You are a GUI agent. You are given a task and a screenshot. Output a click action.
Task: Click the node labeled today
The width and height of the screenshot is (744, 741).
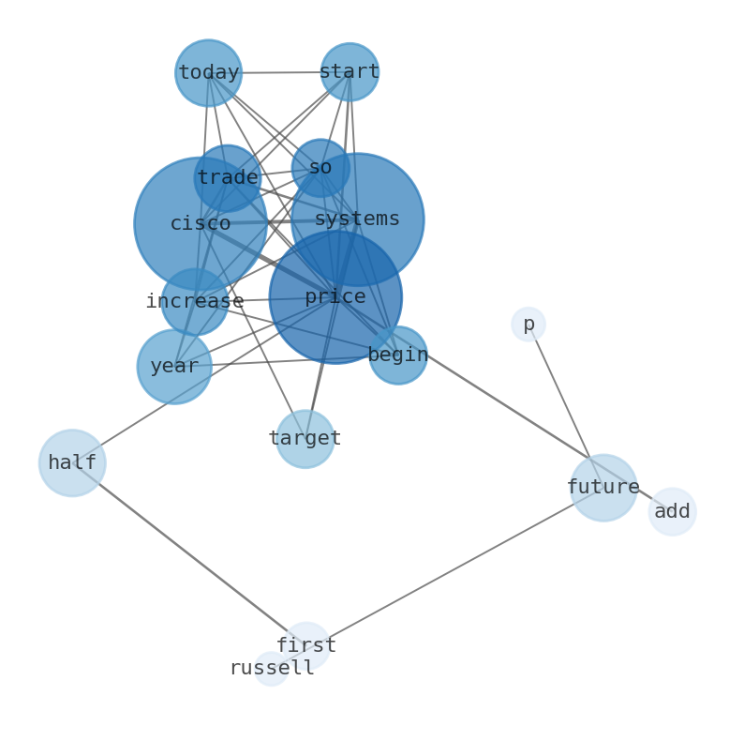pyautogui.click(x=209, y=73)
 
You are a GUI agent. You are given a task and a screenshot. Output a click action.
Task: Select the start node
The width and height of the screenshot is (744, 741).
pyautogui.click(x=350, y=72)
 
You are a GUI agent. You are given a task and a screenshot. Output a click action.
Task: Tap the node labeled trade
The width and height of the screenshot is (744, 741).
pyautogui.click(x=228, y=178)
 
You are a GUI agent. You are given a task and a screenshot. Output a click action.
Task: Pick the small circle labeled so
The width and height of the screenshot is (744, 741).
pyautogui.click(x=320, y=168)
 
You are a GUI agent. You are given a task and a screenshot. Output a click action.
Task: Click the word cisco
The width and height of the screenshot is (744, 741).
pyautogui.click(x=201, y=224)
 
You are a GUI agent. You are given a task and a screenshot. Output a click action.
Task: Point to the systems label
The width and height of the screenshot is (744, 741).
pyautogui.click(x=357, y=219)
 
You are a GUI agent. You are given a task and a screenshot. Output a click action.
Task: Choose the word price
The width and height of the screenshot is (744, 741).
pyautogui.click(x=335, y=297)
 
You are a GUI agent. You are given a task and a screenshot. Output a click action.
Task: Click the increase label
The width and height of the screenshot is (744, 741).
pyautogui.click(x=195, y=301)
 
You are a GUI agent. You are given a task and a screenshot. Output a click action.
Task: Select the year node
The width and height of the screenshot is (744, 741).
pyautogui.click(x=174, y=367)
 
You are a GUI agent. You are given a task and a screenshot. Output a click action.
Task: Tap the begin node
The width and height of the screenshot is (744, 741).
pyautogui.click(x=398, y=355)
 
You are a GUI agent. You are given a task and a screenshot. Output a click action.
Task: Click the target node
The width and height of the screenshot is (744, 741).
pyautogui.click(x=305, y=439)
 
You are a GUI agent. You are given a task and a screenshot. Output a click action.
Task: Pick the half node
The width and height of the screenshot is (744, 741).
pyautogui.click(x=72, y=463)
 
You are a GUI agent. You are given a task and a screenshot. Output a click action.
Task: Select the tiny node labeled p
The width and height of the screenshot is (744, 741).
pyautogui.click(x=528, y=325)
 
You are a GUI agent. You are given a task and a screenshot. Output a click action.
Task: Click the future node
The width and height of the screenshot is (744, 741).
pyautogui.click(x=603, y=488)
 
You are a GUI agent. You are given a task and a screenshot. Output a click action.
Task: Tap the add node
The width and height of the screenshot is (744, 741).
pyautogui.click(x=673, y=512)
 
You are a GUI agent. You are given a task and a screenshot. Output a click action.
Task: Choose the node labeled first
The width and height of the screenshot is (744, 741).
pyautogui.click(x=306, y=645)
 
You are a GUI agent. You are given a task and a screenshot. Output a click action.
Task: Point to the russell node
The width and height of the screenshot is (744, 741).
pyautogui.click(x=272, y=669)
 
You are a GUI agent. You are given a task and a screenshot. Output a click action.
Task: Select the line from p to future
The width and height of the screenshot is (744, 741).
pyautogui.click(x=566, y=406)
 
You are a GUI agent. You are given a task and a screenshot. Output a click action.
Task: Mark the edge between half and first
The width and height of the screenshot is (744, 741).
pyautogui.click(x=189, y=554)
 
